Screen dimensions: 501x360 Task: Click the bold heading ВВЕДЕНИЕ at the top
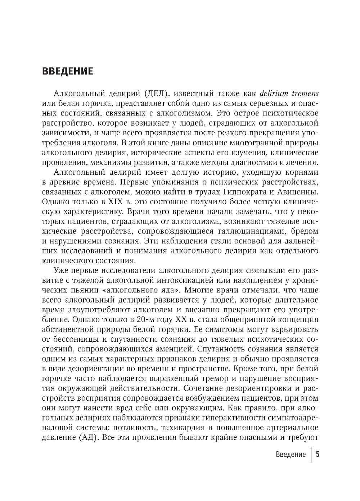click(x=67, y=71)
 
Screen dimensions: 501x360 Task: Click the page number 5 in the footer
click(x=318, y=454)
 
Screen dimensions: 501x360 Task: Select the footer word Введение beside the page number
click(x=291, y=455)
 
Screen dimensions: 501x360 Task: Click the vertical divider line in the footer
click(x=311, y=454)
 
